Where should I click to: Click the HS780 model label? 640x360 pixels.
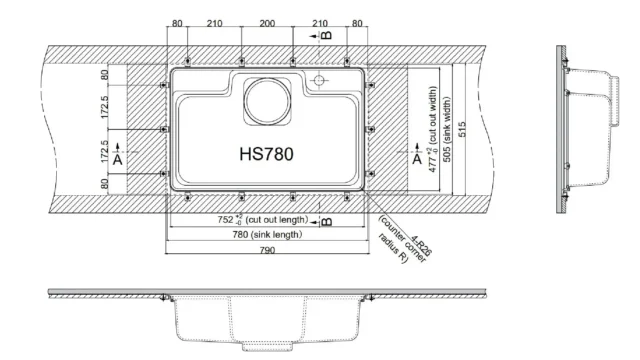[x=266, y=156]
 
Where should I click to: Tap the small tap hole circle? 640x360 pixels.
[x=320, y=79]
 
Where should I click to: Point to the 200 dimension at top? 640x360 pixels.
[x=266, y=22]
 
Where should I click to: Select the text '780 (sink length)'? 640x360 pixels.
[x=267, y=234]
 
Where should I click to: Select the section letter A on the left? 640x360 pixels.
[x=118, y=159]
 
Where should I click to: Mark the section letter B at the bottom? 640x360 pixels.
[x=327, y=221]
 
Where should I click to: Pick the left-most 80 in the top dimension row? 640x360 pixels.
[x=177, y=22]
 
